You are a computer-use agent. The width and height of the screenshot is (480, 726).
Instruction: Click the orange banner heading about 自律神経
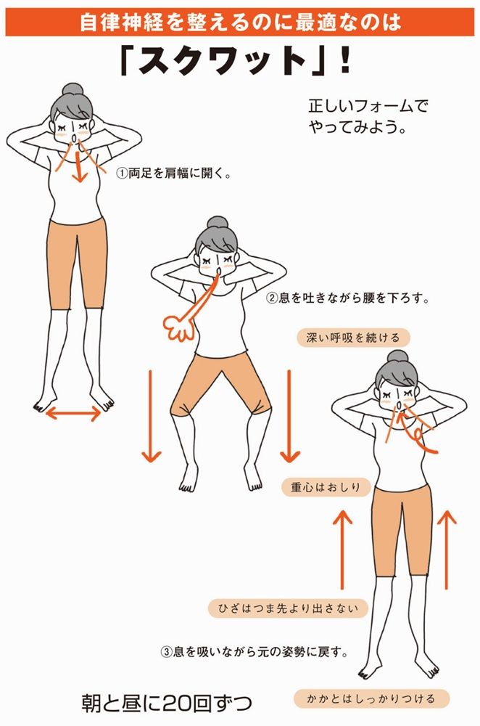(240, 23)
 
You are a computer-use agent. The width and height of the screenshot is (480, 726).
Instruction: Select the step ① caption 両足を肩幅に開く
(174, 174)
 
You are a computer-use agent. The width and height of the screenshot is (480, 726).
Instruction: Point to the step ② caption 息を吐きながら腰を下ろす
(348, 298)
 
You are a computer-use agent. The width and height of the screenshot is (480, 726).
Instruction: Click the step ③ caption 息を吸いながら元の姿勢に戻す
(254, 652)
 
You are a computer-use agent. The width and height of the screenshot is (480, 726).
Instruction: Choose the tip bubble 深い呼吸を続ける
(353, 338)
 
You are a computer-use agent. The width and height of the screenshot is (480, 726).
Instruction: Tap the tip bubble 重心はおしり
(326, 487)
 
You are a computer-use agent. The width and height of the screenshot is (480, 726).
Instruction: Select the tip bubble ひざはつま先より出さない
(288, 608)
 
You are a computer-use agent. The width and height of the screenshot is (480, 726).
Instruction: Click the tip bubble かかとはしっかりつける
(371, 698)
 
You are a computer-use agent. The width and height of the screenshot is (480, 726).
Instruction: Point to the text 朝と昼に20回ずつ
(167, 703)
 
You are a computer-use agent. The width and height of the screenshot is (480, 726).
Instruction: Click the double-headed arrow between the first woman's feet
(73, 412)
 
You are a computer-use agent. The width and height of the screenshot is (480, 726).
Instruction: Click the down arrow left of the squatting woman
(151, 416)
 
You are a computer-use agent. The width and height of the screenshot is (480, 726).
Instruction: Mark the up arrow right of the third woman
(447, 549)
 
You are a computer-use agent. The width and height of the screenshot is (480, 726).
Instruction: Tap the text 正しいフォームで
(368, 107)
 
